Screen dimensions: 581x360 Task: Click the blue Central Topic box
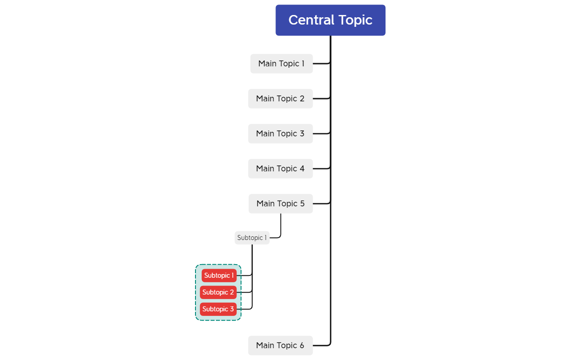tap(331, 20)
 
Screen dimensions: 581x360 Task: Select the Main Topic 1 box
tap(281, 64)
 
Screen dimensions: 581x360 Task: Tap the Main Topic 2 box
tap(280, 99)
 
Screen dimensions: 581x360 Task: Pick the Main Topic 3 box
tap(280, 134)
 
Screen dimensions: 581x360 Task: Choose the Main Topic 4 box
tap(280, 169)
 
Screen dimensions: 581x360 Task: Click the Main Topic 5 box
tap(280, 204)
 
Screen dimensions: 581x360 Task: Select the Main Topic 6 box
tap(280, 345)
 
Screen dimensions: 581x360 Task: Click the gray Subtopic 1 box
tap(252, 238)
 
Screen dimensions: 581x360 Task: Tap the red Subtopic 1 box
tap(219, 275)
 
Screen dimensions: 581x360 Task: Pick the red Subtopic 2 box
tap(218, 292)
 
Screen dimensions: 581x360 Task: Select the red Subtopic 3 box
tap(218, 309)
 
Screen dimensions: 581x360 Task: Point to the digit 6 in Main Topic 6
tap(302, 345)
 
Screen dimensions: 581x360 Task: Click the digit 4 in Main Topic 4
tap(302, 169)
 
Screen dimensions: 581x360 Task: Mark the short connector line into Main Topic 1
tap(321, 63)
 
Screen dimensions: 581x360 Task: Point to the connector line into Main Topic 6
tap(322, 345)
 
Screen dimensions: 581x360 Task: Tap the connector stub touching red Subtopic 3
tap(244, 309)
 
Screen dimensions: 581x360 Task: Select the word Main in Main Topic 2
tap(264, 99)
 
